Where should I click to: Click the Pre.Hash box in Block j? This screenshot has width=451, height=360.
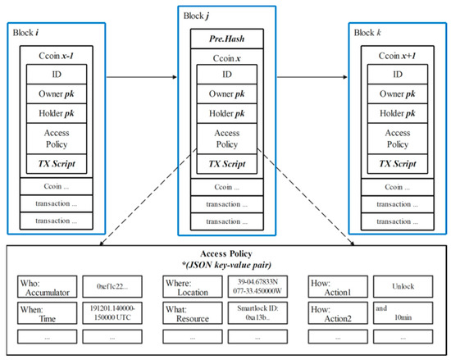click(225, 38)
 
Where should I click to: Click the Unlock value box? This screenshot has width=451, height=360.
click(397, 286)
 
